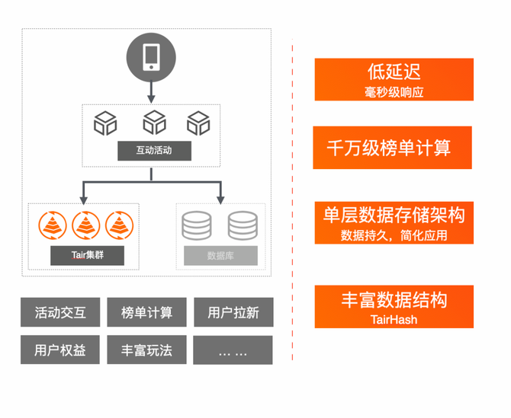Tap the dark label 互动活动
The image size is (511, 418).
tap(153, 150)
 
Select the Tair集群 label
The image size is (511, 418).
tap(87, 255)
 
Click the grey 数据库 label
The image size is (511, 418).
tap(220, 255)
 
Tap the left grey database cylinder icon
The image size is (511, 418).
tap(197, 224)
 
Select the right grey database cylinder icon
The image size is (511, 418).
tap(243, 224)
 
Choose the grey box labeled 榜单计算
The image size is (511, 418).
tap(146, 312)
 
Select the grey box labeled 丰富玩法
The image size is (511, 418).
tap(146, 350)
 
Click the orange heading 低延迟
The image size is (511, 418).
tap(394, 72)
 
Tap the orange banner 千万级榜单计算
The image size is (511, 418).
tap(394, 148)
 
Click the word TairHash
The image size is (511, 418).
tap(394, 320)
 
